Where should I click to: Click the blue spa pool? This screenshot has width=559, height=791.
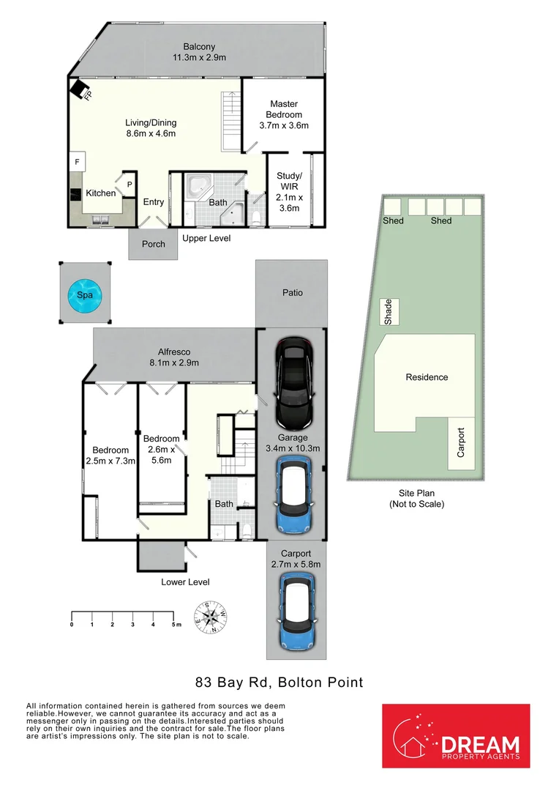point(85,294)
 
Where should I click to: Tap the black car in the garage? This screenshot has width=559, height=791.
point(293,382)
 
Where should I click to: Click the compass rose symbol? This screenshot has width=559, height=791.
point(210,617)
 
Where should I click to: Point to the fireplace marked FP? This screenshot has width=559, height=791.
point(80,89)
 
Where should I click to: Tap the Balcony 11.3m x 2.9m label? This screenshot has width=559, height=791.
point(199,52)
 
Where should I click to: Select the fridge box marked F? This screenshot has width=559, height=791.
point(77,162)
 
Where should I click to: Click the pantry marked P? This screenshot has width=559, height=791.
point(129,185)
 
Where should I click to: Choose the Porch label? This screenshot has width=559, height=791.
point(153,244)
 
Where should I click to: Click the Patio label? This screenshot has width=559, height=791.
point(293,292)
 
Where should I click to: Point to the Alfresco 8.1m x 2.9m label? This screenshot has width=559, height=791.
point(174,357)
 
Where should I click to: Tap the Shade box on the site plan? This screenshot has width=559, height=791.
point(388,312)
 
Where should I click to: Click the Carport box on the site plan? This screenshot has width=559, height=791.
point(461,443)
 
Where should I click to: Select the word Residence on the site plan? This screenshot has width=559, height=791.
point(427,377)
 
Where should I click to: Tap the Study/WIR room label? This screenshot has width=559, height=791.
point(289,192)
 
